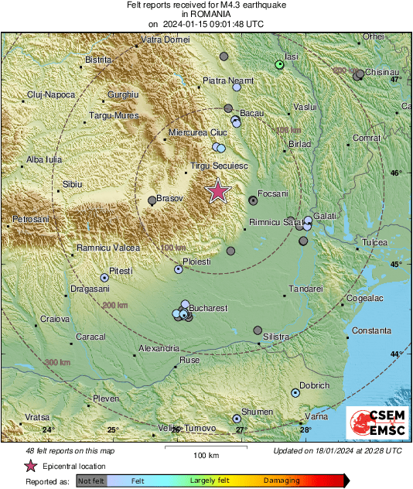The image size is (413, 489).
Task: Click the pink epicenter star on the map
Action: point(219,191)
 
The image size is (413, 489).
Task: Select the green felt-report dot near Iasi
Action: point(280,65)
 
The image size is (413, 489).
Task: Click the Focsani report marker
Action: point(253,200)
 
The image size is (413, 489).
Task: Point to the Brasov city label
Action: point(170,199)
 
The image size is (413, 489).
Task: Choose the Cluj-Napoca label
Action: point(51,94)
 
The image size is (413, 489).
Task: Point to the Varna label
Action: point(317,417)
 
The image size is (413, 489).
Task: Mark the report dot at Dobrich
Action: point(295,392)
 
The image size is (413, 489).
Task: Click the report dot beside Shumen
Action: point(237,419)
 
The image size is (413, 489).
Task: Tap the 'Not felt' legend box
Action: point(91,480)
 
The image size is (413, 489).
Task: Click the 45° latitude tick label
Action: point(395,265)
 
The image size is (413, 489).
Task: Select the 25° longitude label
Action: point(112,430)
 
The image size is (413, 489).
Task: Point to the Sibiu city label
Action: point(72,184)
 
